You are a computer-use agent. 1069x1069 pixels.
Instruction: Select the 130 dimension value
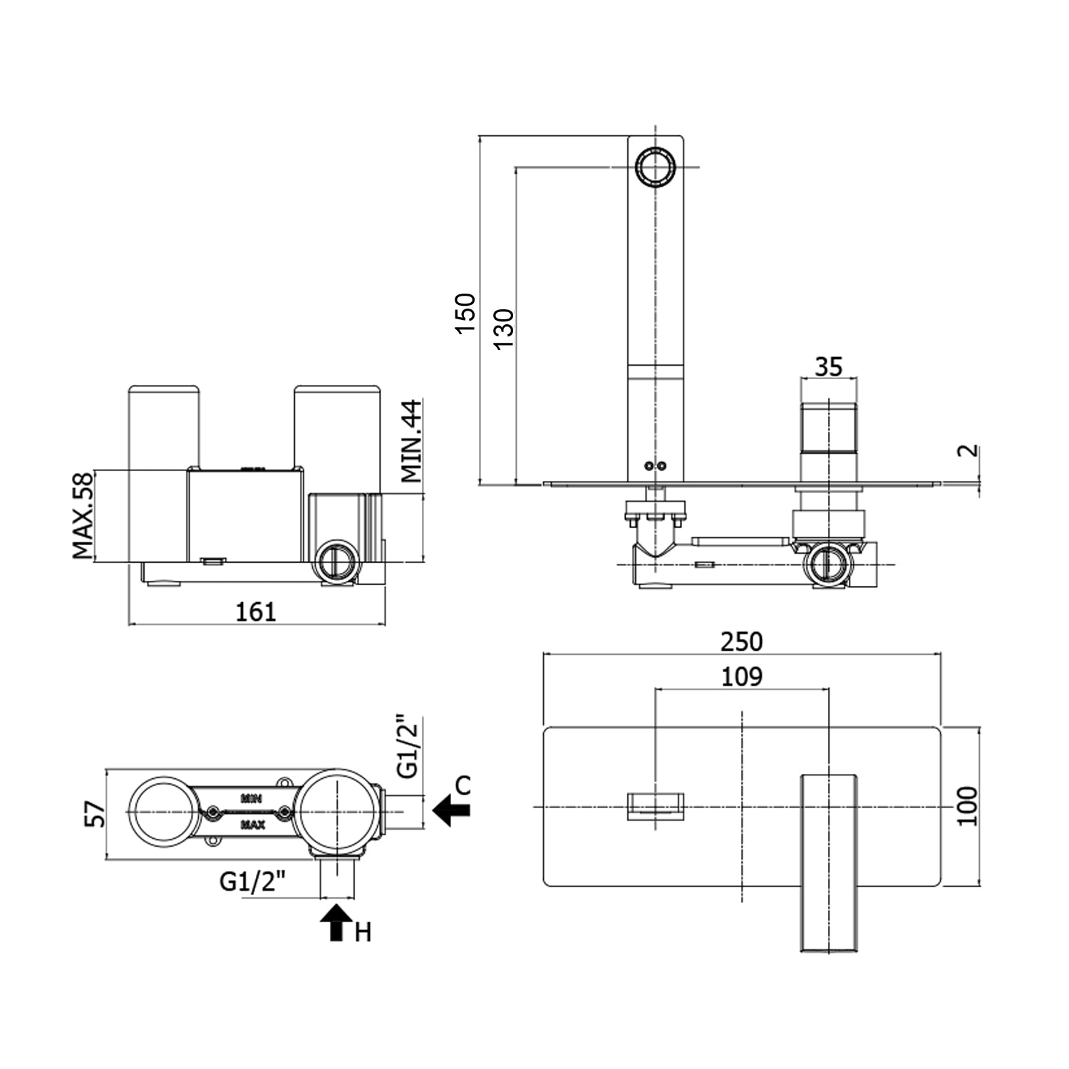coord(503,328)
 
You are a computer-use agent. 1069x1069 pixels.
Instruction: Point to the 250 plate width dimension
coord(741,641)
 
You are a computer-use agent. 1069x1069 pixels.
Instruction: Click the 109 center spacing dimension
coord(741,676)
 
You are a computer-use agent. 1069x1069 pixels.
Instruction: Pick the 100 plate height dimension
coord(966,806)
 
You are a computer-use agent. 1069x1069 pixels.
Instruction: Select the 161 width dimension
coord(256,611)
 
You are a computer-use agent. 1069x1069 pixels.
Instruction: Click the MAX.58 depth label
coord(83,515)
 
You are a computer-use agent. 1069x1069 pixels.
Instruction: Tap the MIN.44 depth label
coord(411,440)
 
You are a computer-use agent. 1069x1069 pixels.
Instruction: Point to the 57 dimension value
coord(95,814)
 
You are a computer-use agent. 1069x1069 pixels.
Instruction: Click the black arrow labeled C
coord(450,810)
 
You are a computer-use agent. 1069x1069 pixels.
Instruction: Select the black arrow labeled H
coord(337,922)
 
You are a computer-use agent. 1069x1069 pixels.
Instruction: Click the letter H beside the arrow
coord(363,932)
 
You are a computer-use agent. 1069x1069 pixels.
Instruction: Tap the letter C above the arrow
coord(463,785)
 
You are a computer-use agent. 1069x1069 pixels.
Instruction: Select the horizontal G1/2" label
coord(252,882)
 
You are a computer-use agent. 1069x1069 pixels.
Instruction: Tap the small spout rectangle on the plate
coord(656,806)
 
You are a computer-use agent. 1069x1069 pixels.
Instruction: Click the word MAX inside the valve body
coord(253,825)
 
